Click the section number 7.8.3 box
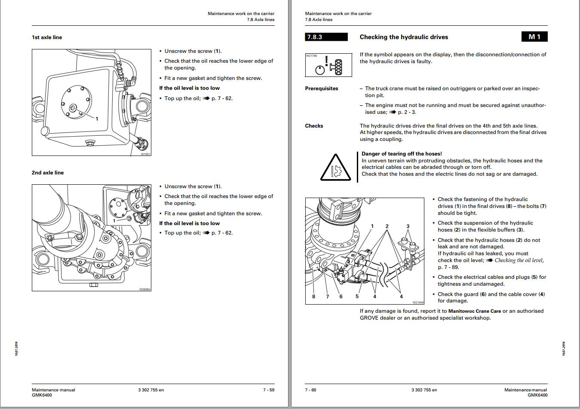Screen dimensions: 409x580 [x=326, y=37]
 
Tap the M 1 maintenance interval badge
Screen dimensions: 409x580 [x=534, y=37]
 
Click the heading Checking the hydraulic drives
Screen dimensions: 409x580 [x=404, y=37]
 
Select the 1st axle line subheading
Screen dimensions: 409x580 [x=47, y=37]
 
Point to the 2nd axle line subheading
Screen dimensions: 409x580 [x=48, y=173]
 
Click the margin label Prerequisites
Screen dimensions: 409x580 [x=322, y=89]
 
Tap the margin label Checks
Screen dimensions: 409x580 [x=314, y=126]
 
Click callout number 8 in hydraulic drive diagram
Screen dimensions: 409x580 [x=313, y=296]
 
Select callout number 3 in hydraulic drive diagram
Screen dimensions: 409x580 [x=408, y=226]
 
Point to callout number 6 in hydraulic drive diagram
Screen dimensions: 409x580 [x=341, y=296]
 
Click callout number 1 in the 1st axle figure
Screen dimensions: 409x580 [x=97, y=119]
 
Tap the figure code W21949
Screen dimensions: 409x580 [x=418, y=302]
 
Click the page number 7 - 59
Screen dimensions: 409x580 [x=269, y=390]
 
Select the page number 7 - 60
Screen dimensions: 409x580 [x=310, y=390]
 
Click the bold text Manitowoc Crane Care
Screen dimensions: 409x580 [x=474, y=311]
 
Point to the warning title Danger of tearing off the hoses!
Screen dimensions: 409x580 [x=402, y=154]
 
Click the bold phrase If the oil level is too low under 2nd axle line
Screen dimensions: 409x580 [x=189, y=223]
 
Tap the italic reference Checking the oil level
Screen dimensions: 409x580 [x=519, y=260]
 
